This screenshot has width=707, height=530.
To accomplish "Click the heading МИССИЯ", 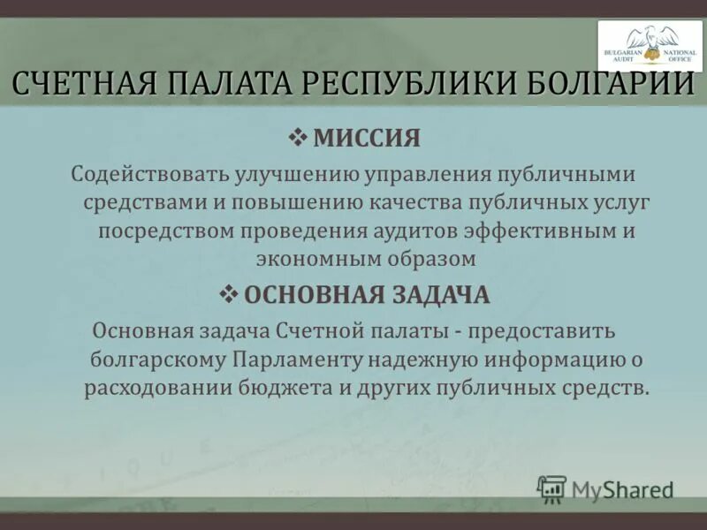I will tap(367, 138).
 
